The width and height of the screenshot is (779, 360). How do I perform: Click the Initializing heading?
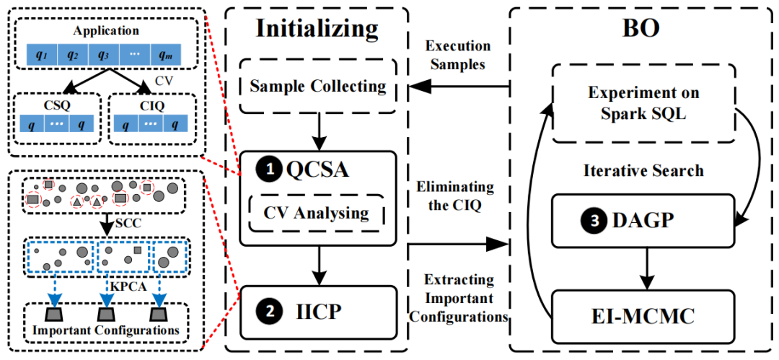317,30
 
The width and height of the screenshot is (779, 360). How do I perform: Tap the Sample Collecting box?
318,87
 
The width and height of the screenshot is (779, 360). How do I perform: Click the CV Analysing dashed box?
317,214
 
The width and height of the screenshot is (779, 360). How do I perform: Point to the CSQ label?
53,105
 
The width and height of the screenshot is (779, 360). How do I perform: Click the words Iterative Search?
643,170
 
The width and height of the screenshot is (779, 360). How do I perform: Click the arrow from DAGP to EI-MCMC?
646,268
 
